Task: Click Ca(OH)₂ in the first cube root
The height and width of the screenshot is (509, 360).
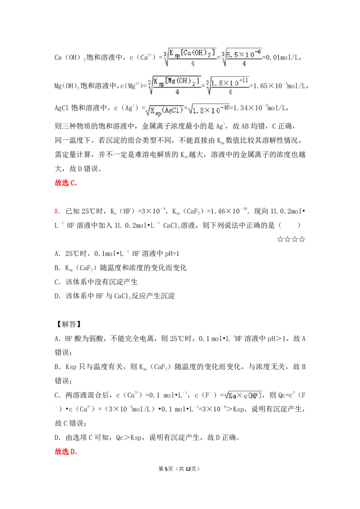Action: coord(201,53)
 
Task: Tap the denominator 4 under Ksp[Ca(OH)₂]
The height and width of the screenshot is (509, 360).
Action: coord(193,64)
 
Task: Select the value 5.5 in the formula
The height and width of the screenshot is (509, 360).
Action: coord(232,55)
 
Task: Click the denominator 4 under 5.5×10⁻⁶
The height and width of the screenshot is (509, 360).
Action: coord(243,64)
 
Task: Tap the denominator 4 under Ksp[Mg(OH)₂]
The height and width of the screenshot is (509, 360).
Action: coord(177,92)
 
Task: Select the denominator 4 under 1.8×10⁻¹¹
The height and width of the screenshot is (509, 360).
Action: coord(230,92)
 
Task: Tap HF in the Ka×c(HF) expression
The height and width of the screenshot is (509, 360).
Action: coord(255,396)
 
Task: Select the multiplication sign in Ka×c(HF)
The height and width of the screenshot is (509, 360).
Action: coord(240,396)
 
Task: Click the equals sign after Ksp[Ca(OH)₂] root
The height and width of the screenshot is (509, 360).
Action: coord(219,58)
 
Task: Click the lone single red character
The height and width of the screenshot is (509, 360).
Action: coord(57,211)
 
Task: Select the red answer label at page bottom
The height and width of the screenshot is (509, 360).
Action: coord(66,452)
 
